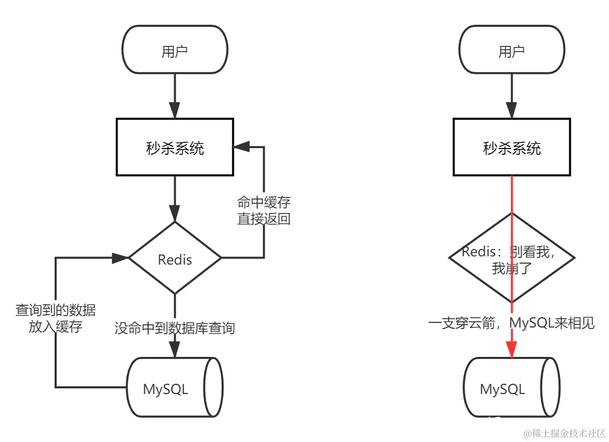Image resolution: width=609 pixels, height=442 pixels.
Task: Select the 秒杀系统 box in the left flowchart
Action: (175, 148)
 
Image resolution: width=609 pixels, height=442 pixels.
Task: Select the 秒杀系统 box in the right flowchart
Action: (512, 148)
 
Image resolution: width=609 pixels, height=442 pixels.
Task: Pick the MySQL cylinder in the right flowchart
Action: (512, 388)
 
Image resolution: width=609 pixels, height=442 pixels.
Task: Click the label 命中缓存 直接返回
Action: (264, 210)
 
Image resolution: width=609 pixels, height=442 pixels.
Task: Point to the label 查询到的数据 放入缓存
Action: (55, 318)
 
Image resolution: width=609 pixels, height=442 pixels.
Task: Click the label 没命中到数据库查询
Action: (175, 328)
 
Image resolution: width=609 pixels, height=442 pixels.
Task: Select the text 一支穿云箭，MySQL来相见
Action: (512, 323)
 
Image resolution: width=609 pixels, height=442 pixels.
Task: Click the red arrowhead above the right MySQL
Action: (512, 349)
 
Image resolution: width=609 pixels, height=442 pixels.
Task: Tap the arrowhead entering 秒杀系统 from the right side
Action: (241, 147)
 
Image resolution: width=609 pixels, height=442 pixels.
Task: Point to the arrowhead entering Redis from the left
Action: (121, 258)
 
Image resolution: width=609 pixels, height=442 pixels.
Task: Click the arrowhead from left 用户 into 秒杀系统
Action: (175, 110)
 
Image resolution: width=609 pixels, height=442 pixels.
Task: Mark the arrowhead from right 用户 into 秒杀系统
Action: (512, 110)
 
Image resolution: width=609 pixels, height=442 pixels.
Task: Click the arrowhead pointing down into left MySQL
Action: (175, 350)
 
